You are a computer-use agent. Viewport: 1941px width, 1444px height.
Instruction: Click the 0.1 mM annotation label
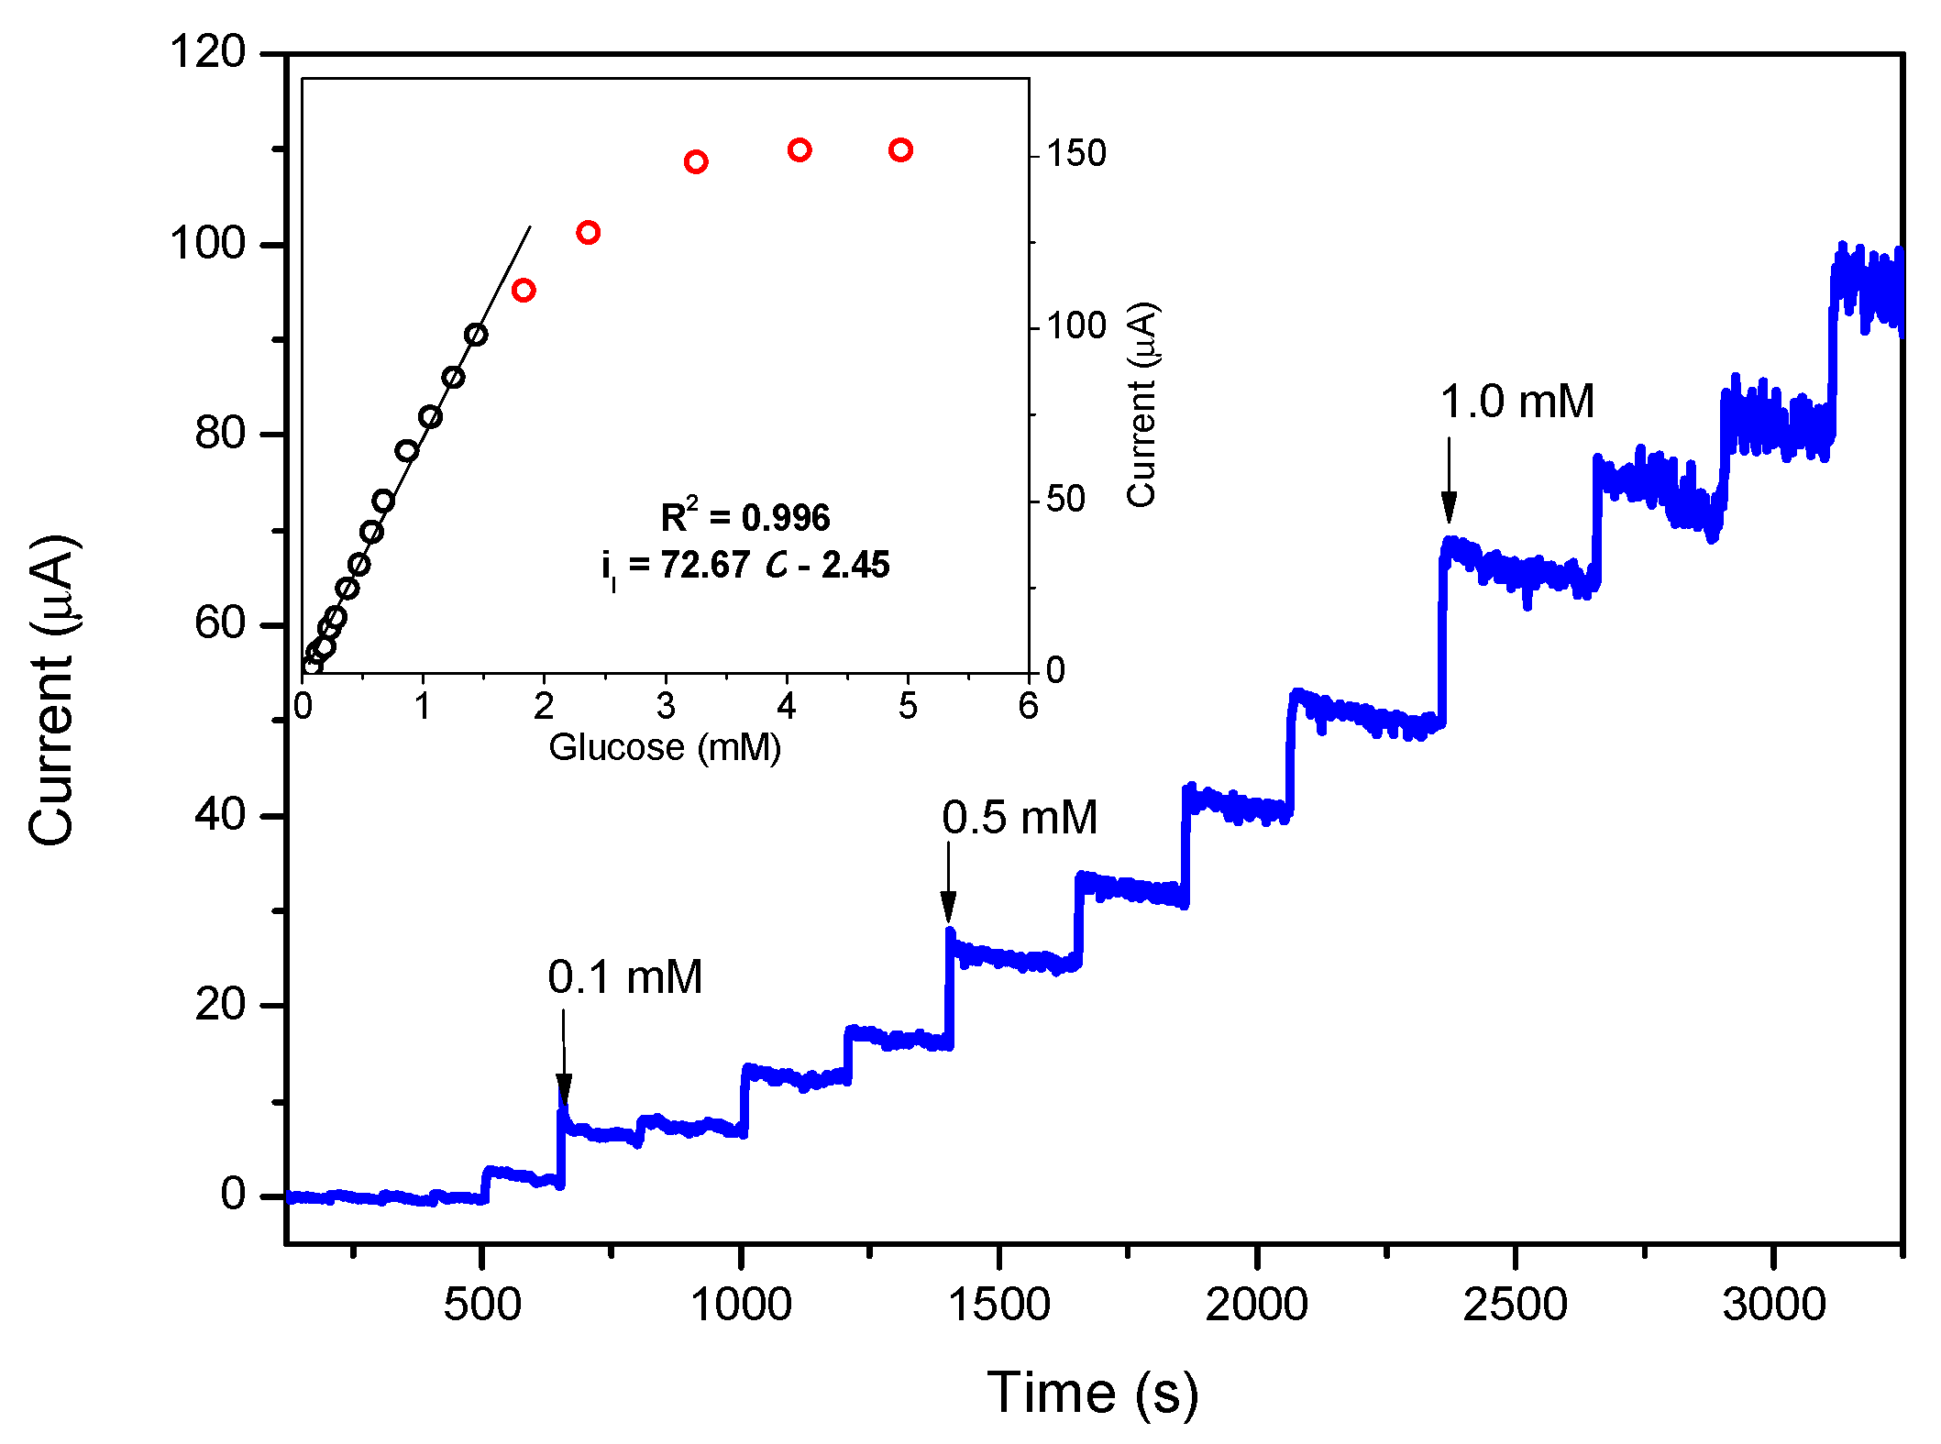click(x=624, y=977)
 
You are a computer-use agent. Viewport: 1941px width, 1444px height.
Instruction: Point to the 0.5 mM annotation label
click(x=1019, y=818)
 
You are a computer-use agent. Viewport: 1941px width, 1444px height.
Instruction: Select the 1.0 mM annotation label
click(x=1516, y=402)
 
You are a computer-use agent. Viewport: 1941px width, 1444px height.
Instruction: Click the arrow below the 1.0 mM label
click(x=1449, y=480)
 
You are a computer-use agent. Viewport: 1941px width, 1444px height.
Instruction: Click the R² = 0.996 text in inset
click(x=744, y=518)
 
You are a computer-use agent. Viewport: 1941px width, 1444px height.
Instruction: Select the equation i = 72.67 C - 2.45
click(x=744, y=566)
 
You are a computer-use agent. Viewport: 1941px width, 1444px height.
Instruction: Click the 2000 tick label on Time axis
click(x=1256, y=1305)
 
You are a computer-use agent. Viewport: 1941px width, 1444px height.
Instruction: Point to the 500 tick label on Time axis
click(x=481, y=1305)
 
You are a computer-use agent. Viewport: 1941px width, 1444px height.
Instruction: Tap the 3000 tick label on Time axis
click(x=1774, y=1305)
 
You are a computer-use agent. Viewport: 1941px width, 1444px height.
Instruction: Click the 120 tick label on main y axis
click(x=208, y=52)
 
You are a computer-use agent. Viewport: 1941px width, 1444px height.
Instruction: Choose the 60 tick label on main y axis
click(x=220, y=624)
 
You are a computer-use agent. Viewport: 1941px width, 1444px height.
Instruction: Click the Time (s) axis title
click(x=1092, y=1394)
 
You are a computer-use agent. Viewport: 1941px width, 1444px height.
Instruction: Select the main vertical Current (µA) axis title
click(x=51, y=689)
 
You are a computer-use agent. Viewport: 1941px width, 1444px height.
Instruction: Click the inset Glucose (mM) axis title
click(x=665, y=748)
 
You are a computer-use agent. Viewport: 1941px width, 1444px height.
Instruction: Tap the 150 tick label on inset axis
click(x=1076, y=154)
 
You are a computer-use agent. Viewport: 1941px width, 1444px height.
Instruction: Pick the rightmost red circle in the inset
click(x=900, y=150)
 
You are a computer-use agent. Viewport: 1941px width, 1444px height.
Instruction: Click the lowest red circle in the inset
click(x=524, y=291)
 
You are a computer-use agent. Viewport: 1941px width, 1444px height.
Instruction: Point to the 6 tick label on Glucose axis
click(x=1029, y=707)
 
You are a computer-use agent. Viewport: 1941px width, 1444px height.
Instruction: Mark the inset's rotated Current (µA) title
click(x=1142, y=404)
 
